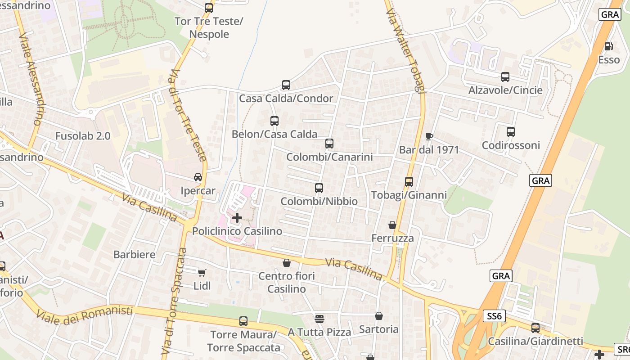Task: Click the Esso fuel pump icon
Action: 608,46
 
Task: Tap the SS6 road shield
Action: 494,316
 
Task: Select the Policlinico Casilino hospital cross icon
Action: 237,218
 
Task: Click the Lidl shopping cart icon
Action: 202,273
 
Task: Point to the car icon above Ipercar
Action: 198,177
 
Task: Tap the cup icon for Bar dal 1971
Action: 429,136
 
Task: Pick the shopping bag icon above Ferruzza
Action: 392,225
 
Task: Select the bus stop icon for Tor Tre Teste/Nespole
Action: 208,8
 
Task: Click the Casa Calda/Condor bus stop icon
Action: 286,85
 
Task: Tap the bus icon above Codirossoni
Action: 510,132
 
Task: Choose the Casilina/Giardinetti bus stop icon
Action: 535,328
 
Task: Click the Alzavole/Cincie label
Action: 505,90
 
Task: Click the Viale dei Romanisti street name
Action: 85,315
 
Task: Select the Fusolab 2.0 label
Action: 83,136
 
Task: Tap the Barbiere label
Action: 134,254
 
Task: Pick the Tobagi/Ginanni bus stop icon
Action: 409,182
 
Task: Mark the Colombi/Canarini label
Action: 329,157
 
